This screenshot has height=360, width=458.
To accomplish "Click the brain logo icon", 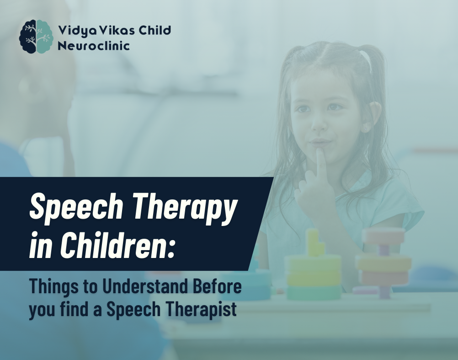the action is pos(36,37).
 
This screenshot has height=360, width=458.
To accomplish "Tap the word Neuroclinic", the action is pos(94,46).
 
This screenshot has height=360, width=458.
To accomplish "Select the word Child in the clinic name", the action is pos(154,30).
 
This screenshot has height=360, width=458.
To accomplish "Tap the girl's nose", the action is pos(319,124).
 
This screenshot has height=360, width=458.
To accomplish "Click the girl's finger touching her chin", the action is pos(321,165).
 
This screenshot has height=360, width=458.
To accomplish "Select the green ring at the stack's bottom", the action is pos(314,292).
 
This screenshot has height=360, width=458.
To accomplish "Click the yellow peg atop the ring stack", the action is pos(314,242).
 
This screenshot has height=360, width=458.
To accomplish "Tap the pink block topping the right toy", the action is pos(383,236).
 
